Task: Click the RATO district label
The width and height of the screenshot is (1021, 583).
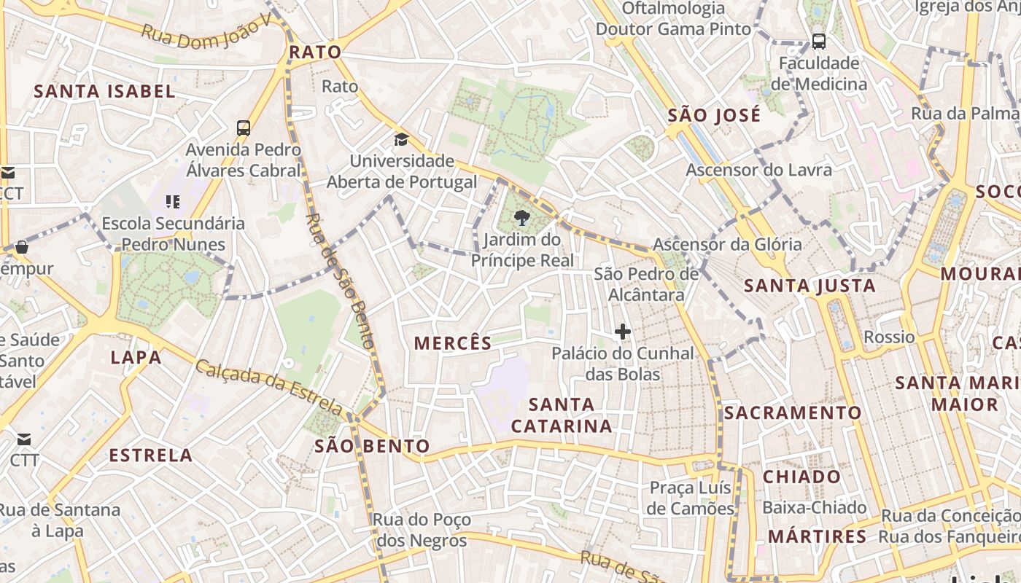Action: [315, 52]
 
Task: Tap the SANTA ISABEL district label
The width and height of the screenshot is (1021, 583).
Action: [105, 91]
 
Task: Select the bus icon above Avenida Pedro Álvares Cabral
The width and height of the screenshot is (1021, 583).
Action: [244, 128]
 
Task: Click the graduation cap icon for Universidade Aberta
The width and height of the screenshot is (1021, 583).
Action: [401, 139]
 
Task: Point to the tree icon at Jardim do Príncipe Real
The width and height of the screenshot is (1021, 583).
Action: [522, 217]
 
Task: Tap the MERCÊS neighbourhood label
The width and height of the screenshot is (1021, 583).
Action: [453, 343]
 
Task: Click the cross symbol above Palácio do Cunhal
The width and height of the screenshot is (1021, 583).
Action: [622, 332]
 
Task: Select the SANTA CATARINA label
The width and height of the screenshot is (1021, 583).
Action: [562, 415]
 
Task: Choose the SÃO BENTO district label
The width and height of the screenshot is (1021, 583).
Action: [372, 446]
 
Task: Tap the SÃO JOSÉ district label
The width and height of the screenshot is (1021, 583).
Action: [714, 115]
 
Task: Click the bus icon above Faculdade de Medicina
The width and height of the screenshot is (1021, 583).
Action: [819, 42]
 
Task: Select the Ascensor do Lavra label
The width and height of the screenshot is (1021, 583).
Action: [758, 170]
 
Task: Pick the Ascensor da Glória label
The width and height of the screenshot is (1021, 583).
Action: [727, 244]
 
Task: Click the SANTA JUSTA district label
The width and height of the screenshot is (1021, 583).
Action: [810, 286]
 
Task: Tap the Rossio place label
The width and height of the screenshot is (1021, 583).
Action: [889, 337]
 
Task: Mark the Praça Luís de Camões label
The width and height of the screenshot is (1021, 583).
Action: [691, 498]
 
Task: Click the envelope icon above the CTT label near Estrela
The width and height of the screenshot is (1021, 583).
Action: [24, 439]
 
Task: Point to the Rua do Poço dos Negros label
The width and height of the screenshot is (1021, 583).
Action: [421, 530]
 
